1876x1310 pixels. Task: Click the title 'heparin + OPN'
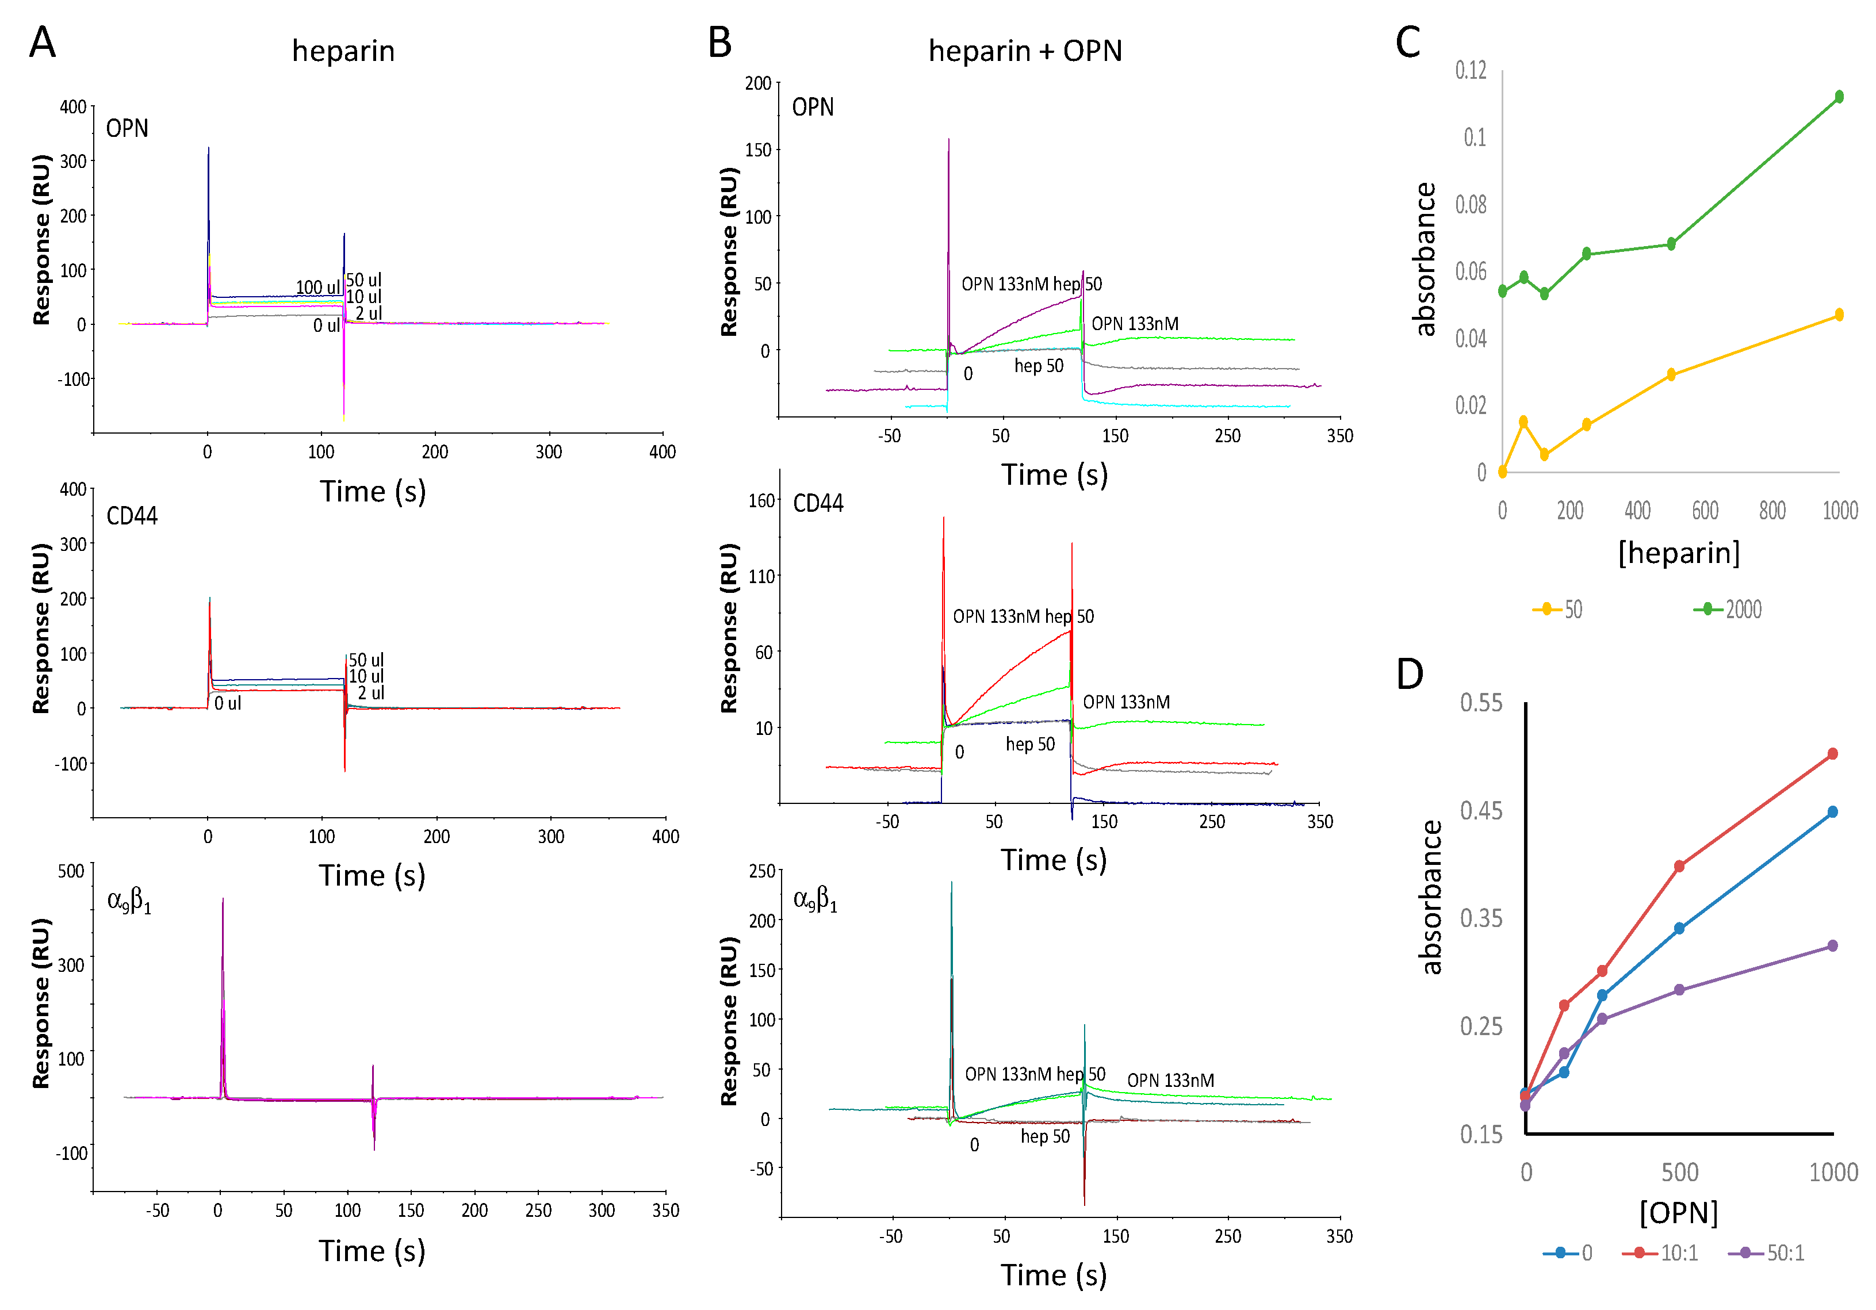(x=1025, y=51)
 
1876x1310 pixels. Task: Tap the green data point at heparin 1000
(x=1839, y=97)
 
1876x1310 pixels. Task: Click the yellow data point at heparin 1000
(x=1839, y=315)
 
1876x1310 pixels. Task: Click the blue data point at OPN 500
(x=1679, y=928)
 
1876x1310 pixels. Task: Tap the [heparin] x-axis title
(x=1679, y=553)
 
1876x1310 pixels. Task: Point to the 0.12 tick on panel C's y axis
(x=1471, y=70)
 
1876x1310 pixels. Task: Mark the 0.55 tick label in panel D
(x=1480, y=703)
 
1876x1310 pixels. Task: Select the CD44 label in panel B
(x=818, y=503)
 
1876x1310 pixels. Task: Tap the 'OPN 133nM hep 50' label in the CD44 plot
(x=1023, y=616)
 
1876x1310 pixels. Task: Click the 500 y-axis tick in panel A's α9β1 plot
(x=71, y=871)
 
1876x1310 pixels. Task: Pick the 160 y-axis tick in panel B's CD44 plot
(x=761, y=501)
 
